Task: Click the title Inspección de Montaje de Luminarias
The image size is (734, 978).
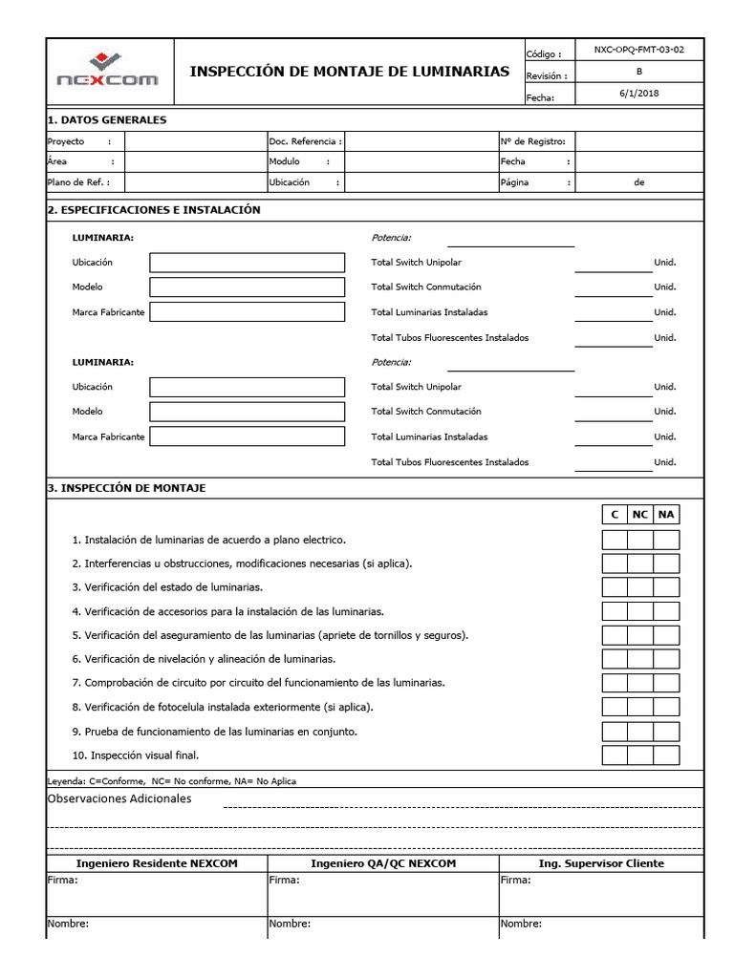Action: pyautogui.click(x=350, y=72)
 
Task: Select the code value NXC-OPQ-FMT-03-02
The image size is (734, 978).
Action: pyautogui.click(x=639, y=50)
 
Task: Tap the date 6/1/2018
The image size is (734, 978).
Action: pyautogui.click(x=639, y=94)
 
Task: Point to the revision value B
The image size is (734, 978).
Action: pyautogui.click(x=639, y=72)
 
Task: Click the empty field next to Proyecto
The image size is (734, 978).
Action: pyautogui.click(x=195, y=141)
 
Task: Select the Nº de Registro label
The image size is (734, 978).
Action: pyautogui.click(x=532, y=141)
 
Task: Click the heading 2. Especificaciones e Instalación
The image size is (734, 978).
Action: pyautogui.click(x=154, y=209)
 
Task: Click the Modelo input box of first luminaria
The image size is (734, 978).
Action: pyautogui.click(x=248, y=287)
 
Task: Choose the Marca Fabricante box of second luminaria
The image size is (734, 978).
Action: pyautogui.click(x=248, y=436)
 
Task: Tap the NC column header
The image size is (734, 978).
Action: pyautogui.click(x=640, y=515)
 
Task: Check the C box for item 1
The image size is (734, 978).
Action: pyautogui.click(x=615, y=540)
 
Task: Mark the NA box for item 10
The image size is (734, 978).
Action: pyautogui.click(x=666, y=755)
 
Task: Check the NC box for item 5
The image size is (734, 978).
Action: pyautogui.click(x=640, y=635)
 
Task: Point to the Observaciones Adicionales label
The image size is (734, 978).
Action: pyautogui.click(x=119, y=798)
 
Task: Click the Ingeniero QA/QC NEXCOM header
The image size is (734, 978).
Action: pyautogui.click(x=383, y=863)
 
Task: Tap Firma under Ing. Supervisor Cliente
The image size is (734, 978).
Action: pyautogui.click(x=516, y=880)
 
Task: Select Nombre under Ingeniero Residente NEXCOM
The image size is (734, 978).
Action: pyautogui.click(x=68, y=924)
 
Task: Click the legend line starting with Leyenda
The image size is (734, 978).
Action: pyautogui.click(x=172, y=780)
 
